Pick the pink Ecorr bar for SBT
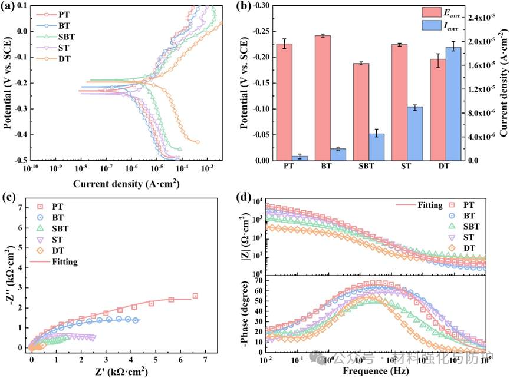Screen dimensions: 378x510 point(360,112)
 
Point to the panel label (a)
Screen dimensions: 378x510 point(10,8)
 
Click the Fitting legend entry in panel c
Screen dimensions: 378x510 point(65,261)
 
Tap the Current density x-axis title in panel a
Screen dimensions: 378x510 point(126,184)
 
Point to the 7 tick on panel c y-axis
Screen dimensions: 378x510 point(21,208)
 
